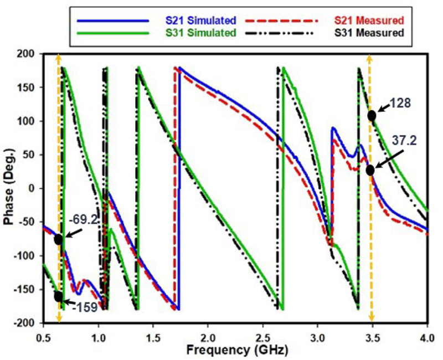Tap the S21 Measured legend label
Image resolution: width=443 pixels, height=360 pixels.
[369, 20]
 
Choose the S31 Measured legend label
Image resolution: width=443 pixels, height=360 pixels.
[369, 33]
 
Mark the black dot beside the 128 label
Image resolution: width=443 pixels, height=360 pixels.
[372, 115]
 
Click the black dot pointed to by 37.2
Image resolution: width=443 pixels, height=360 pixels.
[370, 170]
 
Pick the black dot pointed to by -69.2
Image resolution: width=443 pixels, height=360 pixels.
[59, 239]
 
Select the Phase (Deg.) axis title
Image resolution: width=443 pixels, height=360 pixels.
[9, 188]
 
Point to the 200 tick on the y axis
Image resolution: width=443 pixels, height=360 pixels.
[27, 54]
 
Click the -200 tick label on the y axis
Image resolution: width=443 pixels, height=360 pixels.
[25, 323]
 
